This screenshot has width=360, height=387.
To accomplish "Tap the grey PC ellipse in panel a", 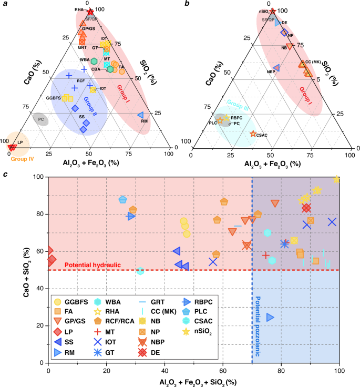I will click(41, 119).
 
